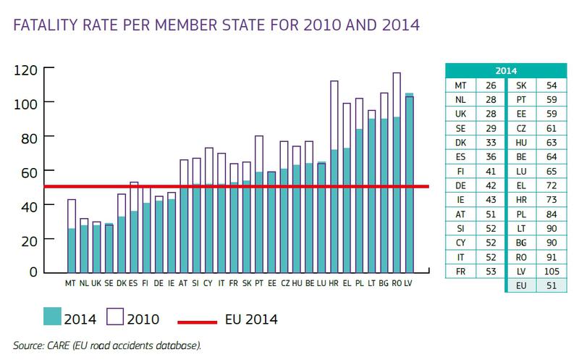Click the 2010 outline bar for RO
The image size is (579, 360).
tap(396, 94)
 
